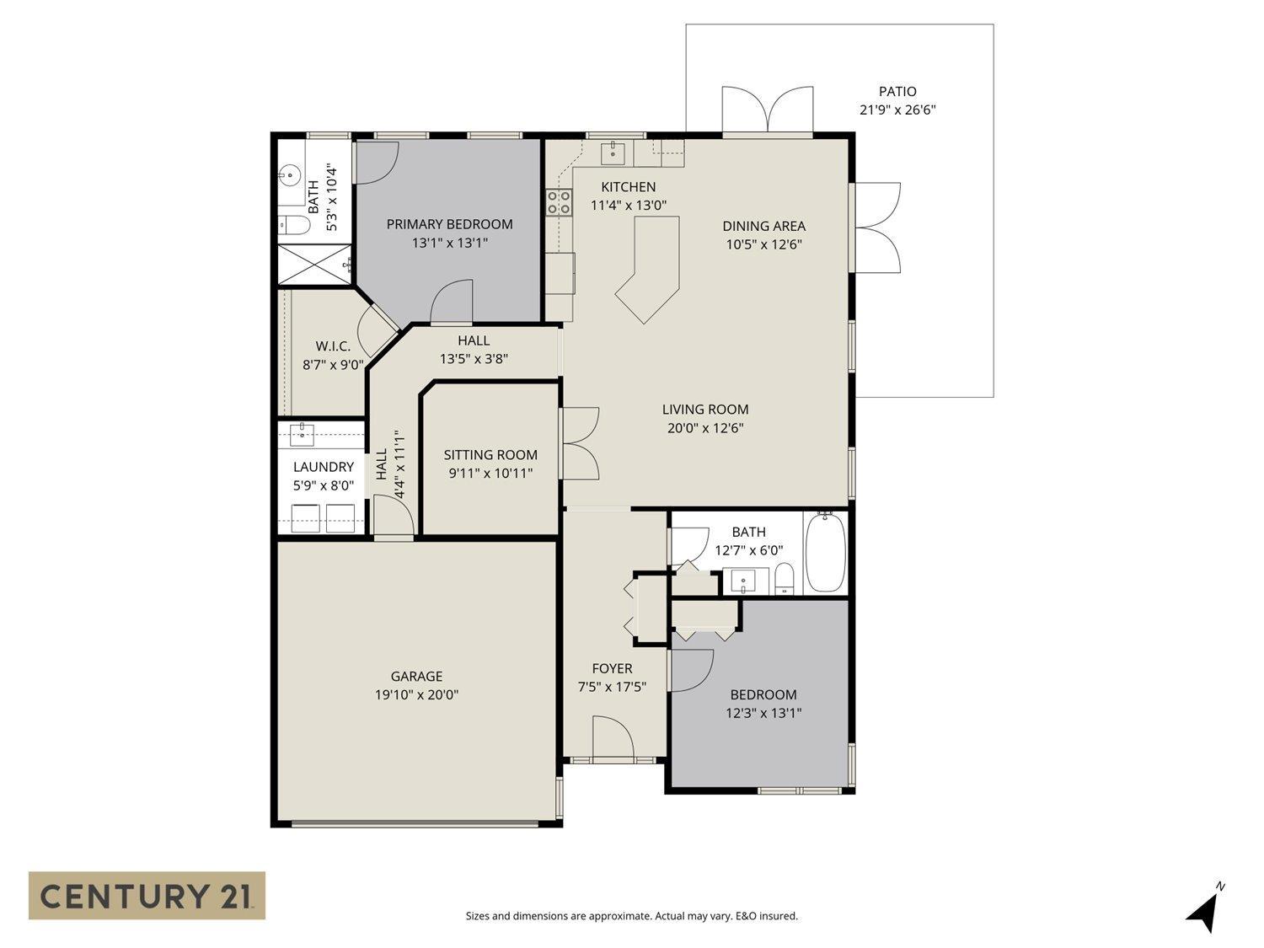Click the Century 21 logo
(147, 895)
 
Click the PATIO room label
(897, 91)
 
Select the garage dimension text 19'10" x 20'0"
(416, 695)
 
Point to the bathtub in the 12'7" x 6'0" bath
(825, 554)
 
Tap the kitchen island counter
(651, 265)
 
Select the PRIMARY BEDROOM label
(449, 224)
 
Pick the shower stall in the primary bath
(314, 265)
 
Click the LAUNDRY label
(323, 467)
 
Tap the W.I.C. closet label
(333, 346)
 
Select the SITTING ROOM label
(490, 455)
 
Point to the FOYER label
(612, 668)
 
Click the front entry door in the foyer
(613, 739)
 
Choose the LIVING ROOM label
(705, 410)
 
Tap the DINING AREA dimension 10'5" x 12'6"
(763, 245)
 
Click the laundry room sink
(302, 435)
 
